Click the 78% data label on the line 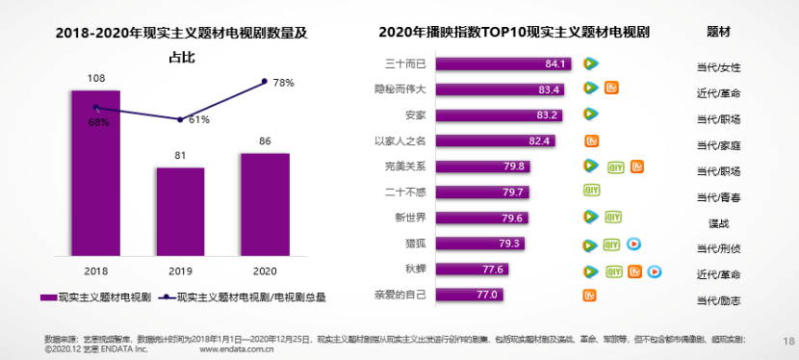click(283, 84)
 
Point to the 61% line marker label click(198, 120)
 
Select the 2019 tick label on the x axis click(180, 270)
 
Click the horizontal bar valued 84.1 click(507, 64)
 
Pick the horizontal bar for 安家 click(504, 116)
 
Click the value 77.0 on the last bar click(487, 295)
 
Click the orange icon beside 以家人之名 click(591, 141)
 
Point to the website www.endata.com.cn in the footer click(238, 350)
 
